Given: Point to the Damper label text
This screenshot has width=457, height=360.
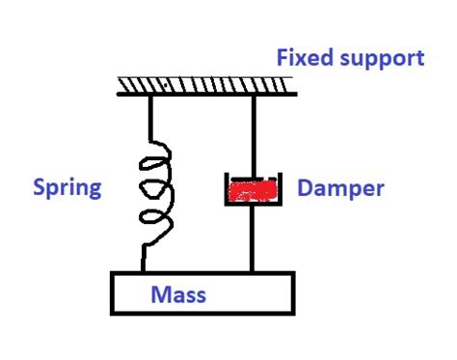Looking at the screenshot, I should click(x=341, y=187).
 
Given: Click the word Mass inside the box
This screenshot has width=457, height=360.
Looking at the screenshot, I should click(x=178, y=293).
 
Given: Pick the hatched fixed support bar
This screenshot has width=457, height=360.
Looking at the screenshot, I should click(x=206, y=87).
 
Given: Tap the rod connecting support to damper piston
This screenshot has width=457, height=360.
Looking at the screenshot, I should click(x=254, y=135).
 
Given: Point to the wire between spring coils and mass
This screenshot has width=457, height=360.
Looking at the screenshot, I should click(x=146, y=256).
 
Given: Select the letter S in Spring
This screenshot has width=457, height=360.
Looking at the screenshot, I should click(x=41, y=186).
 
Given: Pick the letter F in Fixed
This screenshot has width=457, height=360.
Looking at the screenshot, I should click(x=282, y=58).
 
